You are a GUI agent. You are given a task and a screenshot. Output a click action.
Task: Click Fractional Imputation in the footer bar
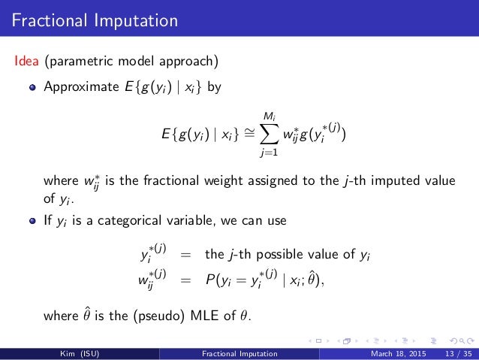(240, 353)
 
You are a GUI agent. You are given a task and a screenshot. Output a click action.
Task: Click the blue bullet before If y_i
(32, 223)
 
